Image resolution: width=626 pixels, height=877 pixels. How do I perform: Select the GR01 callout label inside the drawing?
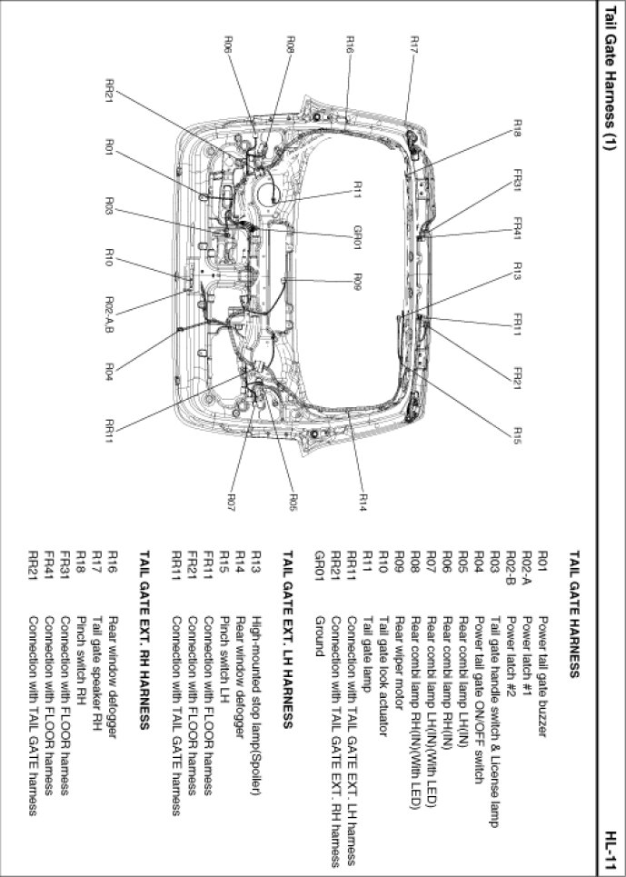[x=358, y=237]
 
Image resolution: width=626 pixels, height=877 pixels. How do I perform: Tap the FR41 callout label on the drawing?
[x=516, y=228]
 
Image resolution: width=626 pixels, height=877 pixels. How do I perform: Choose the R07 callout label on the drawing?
[x=231, y=500]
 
